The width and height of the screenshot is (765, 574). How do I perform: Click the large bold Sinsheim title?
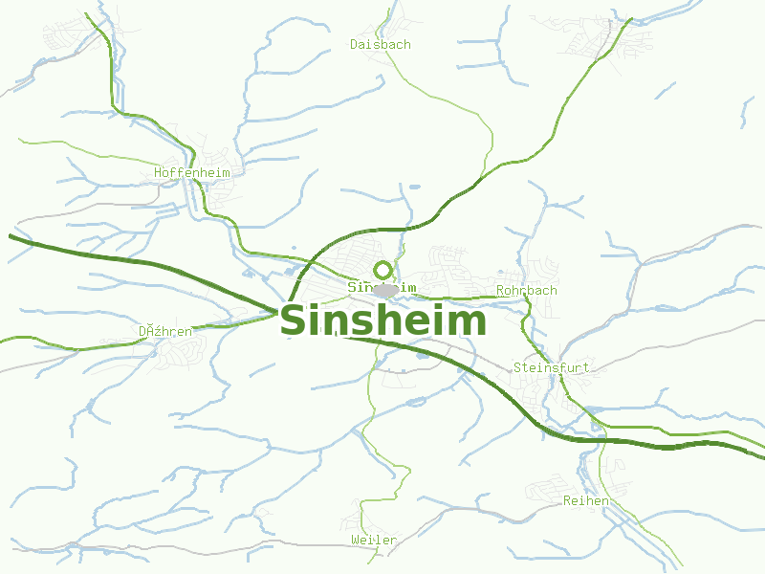[x=382, y=321]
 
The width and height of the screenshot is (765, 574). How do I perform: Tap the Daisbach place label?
[x=380, y=45]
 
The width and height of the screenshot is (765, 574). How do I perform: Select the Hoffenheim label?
[x=192, y=173]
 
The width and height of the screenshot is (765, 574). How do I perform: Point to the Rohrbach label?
[x=526, y=290]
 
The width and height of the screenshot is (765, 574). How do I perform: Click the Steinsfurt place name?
[x=551, y=367]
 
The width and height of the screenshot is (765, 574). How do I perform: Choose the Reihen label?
[x=586, y=500]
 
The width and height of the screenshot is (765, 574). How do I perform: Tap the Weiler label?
[x=374, y=541]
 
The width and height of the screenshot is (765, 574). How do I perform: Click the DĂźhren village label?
[x=164, y=331]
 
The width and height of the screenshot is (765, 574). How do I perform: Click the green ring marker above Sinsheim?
[x=382, y=270]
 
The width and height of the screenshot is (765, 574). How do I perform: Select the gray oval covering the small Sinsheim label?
[x=385, y=290]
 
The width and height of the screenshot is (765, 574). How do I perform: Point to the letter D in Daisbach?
[x=354, y=45]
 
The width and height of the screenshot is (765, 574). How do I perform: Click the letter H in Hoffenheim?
[x=158, y=173]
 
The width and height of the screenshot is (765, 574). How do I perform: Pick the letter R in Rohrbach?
[x=500, y=290]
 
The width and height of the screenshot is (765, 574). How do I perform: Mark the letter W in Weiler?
[x=355, y=541]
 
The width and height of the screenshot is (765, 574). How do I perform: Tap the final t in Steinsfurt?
[x=587, y=367]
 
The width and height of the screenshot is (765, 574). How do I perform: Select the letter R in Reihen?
[x=567, y=500]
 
